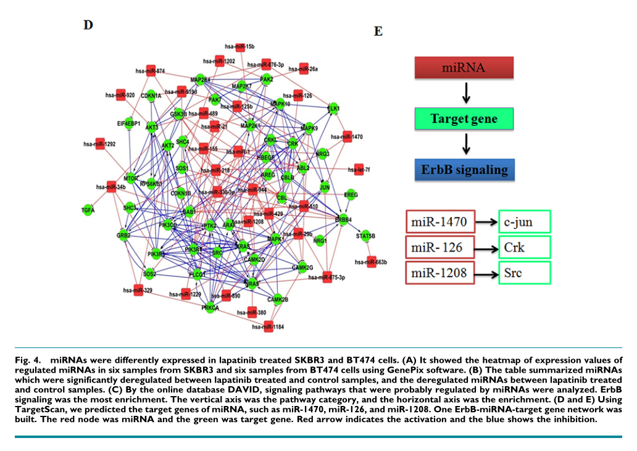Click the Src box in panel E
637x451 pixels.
524,271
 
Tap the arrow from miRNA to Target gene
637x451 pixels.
467,93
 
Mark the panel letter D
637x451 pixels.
88,25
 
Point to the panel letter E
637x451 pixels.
378,31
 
